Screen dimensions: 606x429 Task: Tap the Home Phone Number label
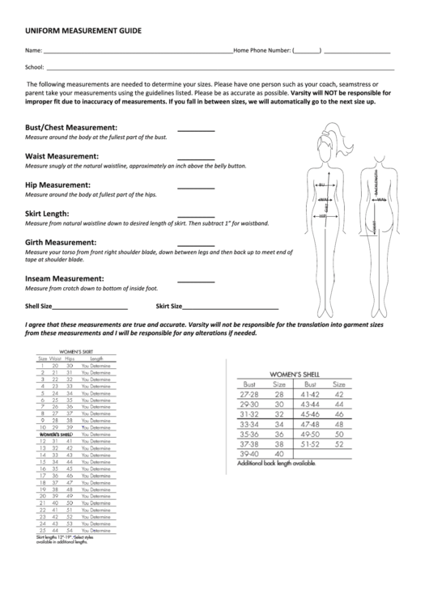point(261,50)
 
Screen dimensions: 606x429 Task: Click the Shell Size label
point(39,307)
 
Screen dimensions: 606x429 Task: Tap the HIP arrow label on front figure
point(322,216)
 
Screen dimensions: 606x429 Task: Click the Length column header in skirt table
point(97,358)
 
